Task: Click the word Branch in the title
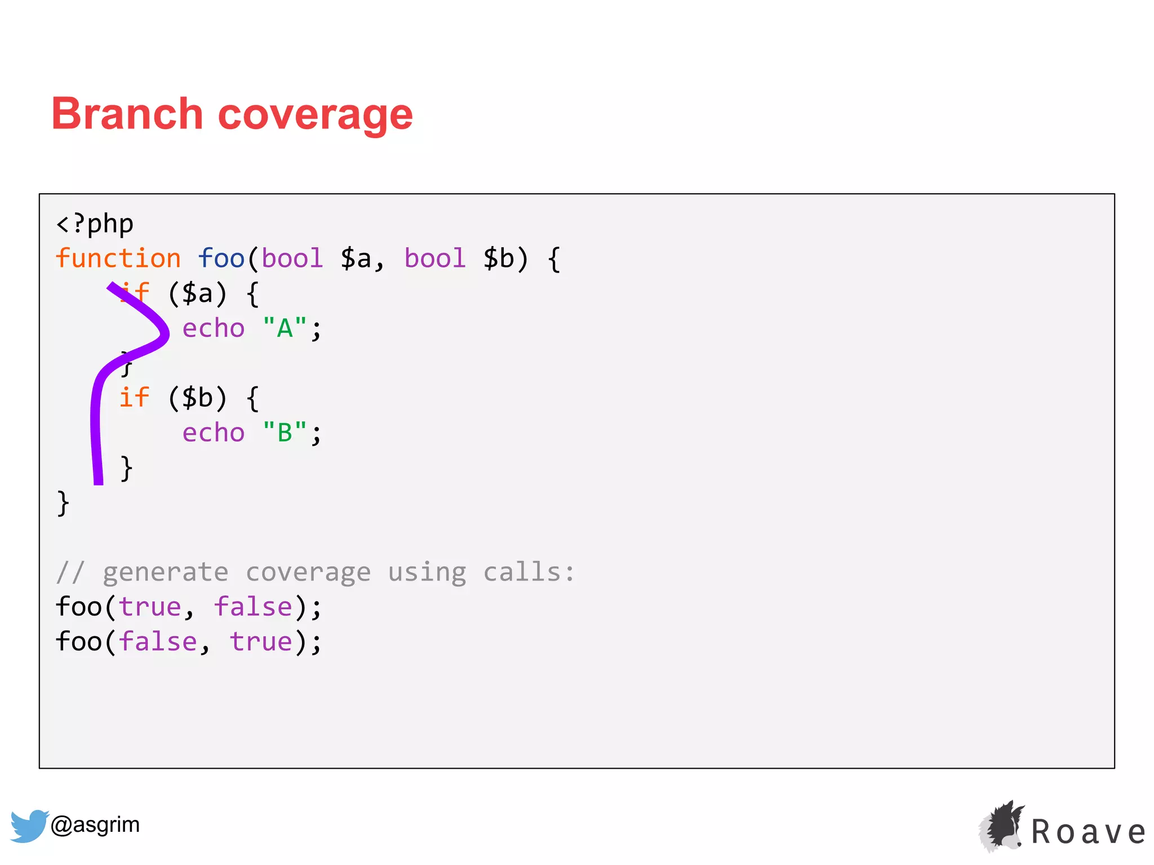point(127,114)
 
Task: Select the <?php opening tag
point(95,224)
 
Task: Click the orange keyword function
point(118,258)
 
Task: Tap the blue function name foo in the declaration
point(221,258)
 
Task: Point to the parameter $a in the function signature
point(356,258)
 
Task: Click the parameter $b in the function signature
point(499,258)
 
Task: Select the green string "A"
point(285,328)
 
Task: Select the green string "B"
point(285,432)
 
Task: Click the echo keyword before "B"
point(214,432)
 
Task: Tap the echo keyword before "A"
point(214,328)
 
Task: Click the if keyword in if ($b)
point(134,398)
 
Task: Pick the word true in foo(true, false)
point(150,607)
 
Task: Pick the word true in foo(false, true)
point(261,642)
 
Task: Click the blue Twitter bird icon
point(29,826)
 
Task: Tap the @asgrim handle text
point(95,824)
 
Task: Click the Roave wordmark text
point(1088,832)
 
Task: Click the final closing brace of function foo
point(63,503)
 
